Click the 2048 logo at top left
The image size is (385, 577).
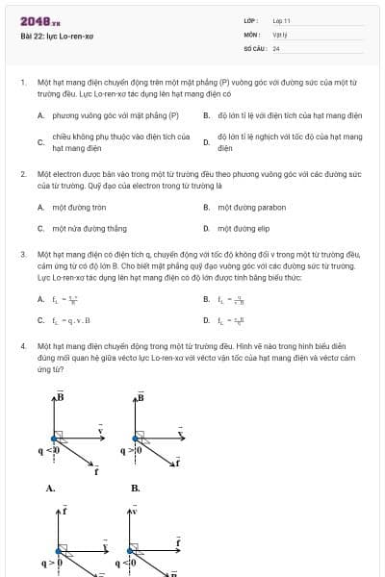tap(34, 21)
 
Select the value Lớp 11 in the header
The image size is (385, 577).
tap(281, 20)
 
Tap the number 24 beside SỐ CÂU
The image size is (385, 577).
tap(276, 47)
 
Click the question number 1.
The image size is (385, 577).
tap(22, 83)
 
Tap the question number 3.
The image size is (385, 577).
tap(22, 254)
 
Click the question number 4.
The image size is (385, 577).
tap(22, 343)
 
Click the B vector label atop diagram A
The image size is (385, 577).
tap(59, 395)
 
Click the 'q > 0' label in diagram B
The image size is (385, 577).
tap(130, 449)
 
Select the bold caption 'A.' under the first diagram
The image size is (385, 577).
tap(50, 489)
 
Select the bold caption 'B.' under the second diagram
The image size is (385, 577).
tap(135, 489)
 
